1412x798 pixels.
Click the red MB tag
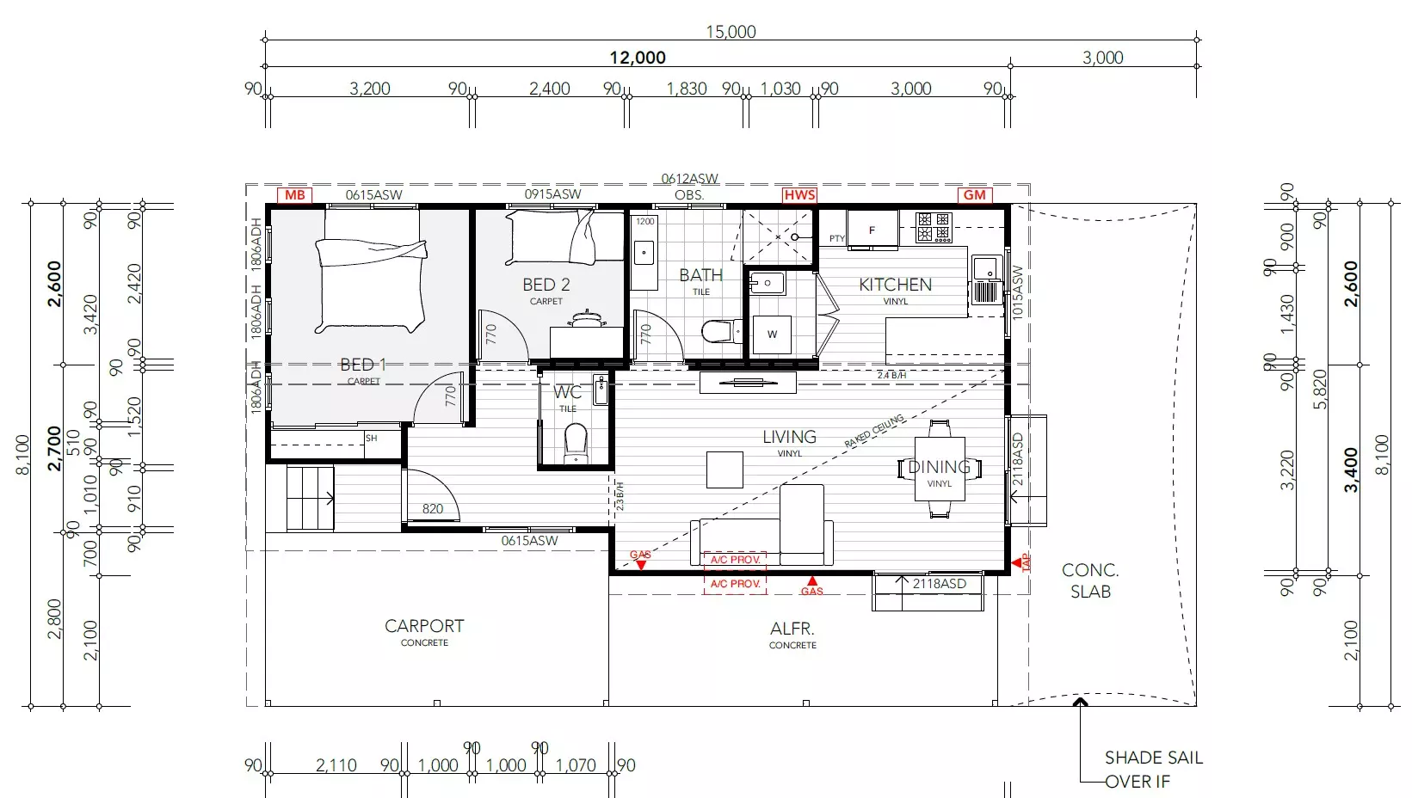click(295, 195)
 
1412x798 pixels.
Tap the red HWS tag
click(799, 195)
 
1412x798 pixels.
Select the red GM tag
click(975, 195)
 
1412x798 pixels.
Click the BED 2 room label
click(546, 285)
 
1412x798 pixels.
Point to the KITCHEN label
click(895, 285)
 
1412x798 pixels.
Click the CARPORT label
click(424, 626)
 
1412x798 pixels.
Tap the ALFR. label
click(792, 629)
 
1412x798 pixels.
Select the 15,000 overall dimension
click(731, 32)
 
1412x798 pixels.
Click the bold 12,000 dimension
click(638, 58)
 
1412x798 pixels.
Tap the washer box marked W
click(772, 335)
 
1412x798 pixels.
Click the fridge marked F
click(872, 230)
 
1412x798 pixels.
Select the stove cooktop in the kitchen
click(934, 227)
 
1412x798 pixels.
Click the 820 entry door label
click(433, 508)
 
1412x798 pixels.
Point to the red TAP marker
click(1024, 562)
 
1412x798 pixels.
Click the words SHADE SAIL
click(1153, 758)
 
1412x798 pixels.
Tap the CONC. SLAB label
click(1090, 580)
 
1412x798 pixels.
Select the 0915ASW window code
click(552, 194)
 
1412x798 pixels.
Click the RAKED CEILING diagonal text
click(874, 431)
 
